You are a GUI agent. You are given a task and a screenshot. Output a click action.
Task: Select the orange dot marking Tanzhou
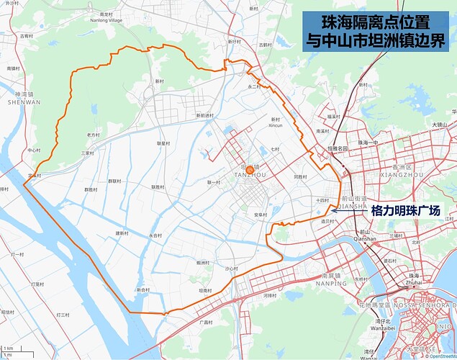coord(250,170)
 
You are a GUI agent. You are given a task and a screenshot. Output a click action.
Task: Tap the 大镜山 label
coord(440,125)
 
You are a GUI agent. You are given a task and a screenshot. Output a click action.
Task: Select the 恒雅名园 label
coord(338,148)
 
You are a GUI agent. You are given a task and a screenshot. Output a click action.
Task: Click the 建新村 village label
coord(122,233)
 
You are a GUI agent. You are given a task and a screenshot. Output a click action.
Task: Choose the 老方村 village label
coord(93,135)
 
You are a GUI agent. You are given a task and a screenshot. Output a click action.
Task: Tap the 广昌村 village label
coord(206,323)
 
